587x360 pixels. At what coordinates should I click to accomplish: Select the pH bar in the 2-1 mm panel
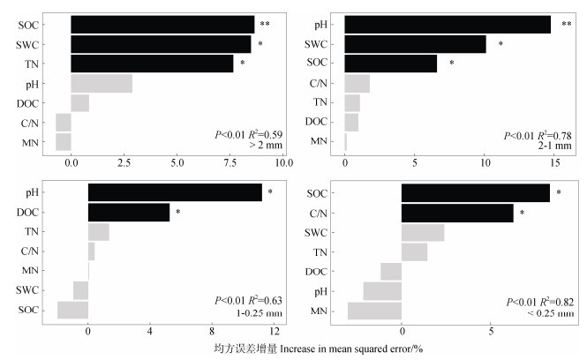click(447, 25)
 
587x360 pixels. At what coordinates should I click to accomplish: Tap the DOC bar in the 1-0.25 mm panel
click(128, 212)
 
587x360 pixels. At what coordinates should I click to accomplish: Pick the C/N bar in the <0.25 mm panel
click(456, 213)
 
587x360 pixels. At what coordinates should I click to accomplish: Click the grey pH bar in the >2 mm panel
click(102, 84)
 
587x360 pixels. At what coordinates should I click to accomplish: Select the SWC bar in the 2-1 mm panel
click(415, 44)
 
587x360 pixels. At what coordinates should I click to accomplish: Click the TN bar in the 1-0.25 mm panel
click(98, 232)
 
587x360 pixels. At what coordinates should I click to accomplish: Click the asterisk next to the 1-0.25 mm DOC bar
click(177, 213)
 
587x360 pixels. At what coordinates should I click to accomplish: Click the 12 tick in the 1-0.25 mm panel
click(275, 332)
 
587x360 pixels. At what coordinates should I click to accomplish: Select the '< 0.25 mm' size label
click(552, 313)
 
